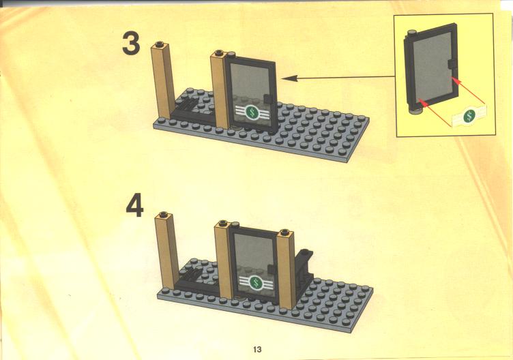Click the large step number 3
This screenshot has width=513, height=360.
(131, 43)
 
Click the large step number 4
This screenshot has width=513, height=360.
(135, 205)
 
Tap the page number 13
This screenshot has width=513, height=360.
(257, 350)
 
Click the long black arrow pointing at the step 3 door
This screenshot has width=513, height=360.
(337, 78)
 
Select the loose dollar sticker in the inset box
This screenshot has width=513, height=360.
(469, 116)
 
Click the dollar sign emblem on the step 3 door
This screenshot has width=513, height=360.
(252, 112)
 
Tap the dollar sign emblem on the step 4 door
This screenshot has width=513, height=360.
(256, 283)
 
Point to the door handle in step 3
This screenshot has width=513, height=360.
(267, 98)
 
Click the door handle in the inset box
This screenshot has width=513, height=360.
(453, 63)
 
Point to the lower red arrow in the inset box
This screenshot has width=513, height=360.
(435, 112)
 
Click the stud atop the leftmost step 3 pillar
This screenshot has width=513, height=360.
(160, 44)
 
